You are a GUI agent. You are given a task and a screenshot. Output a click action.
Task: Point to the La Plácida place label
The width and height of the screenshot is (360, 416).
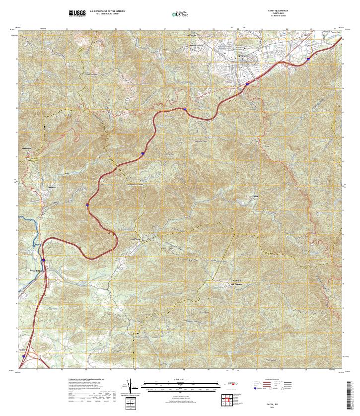tap(192, 35)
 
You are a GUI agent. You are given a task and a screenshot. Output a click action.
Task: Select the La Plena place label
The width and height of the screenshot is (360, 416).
tap(136, 239)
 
